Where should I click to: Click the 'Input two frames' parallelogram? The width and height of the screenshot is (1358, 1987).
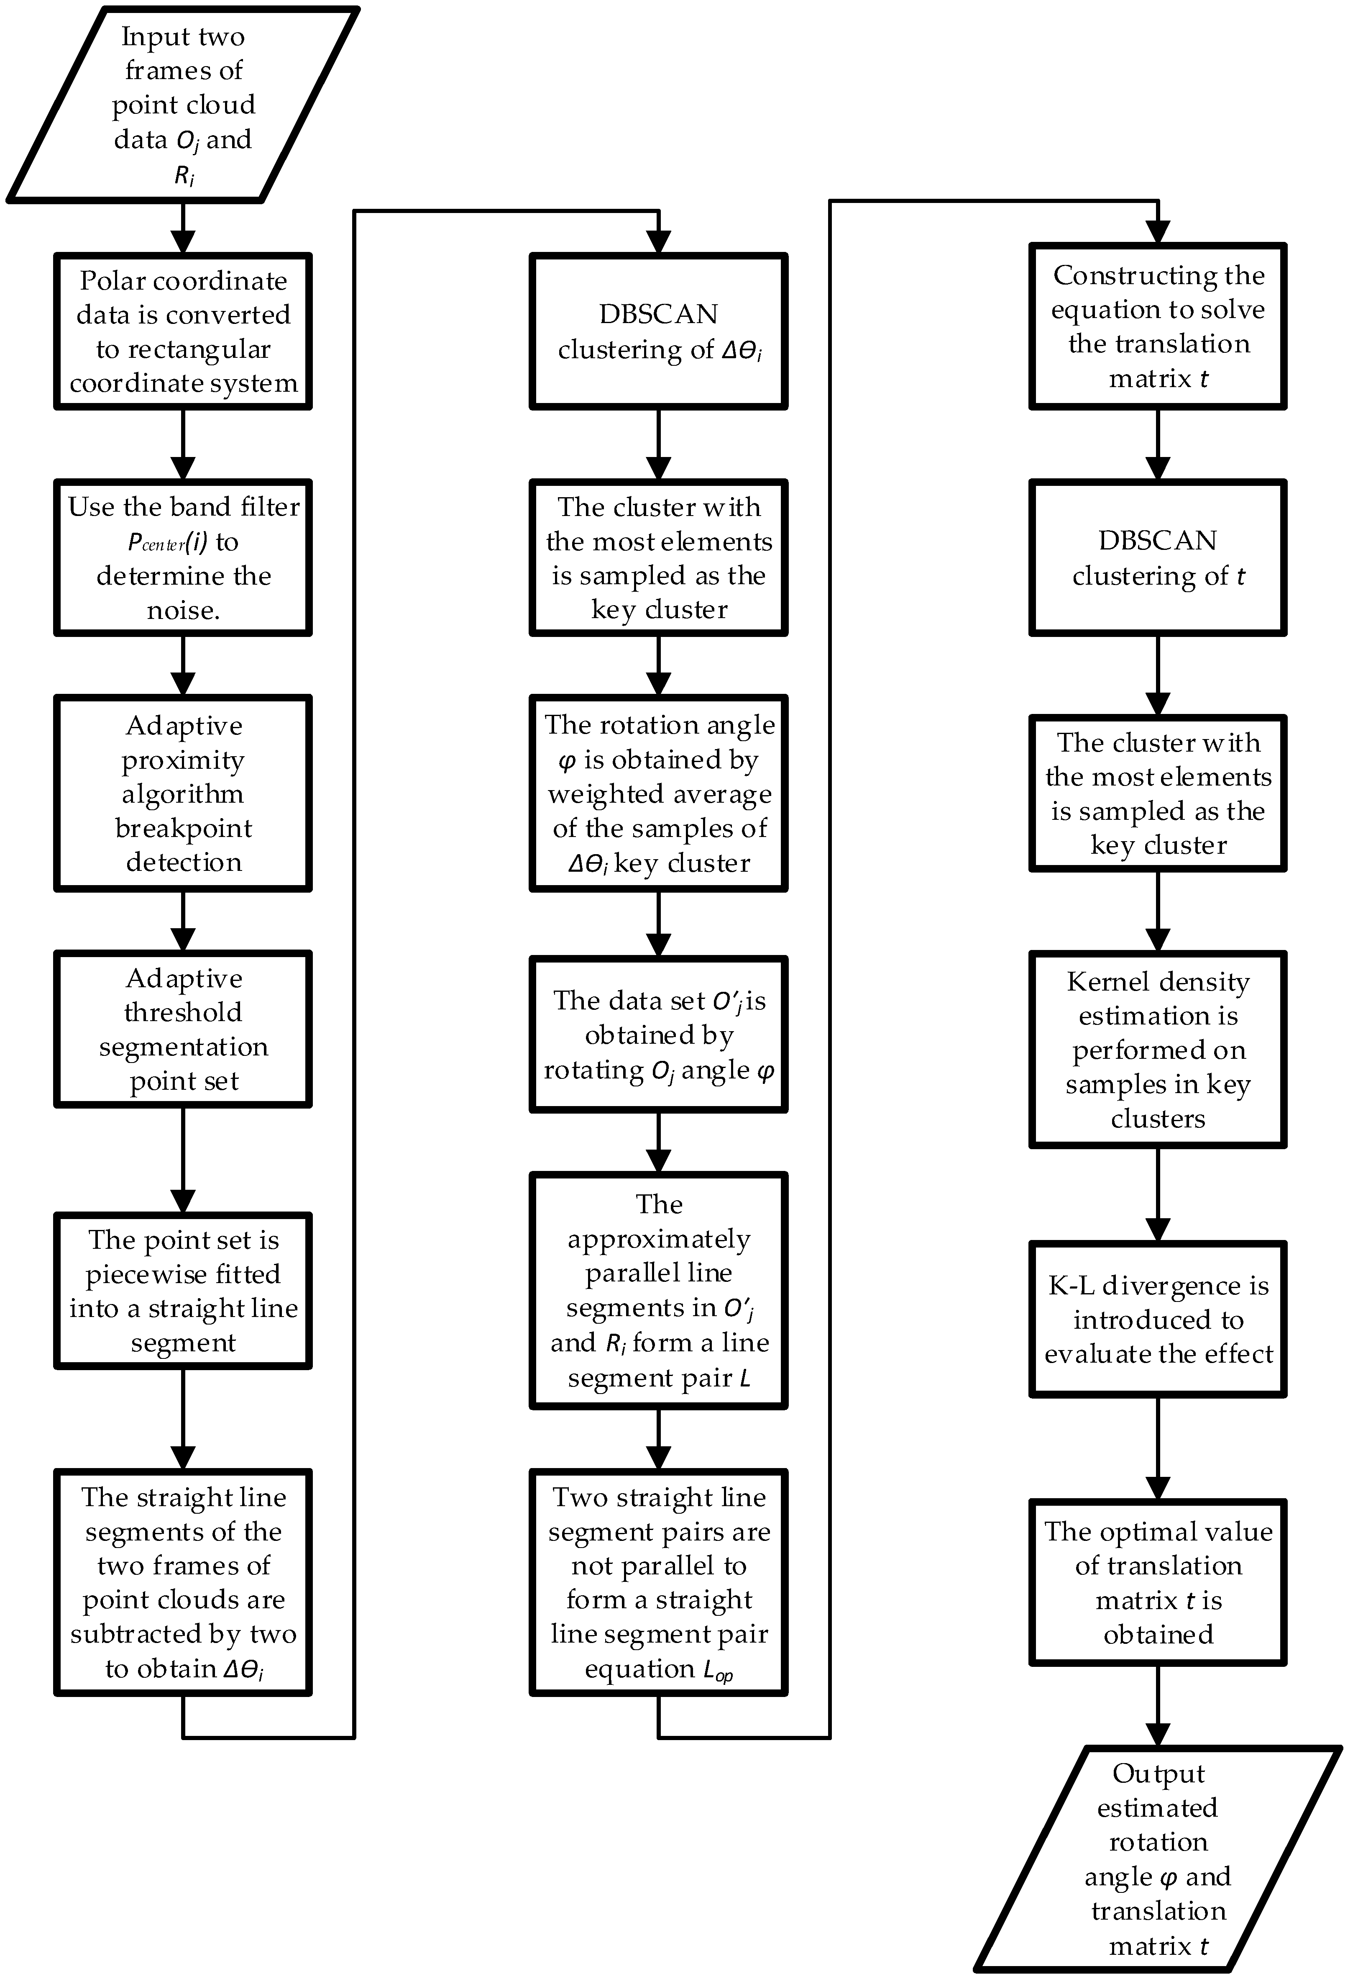(x=183, y=104)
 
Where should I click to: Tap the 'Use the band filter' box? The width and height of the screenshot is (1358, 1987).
(x=183, y=557)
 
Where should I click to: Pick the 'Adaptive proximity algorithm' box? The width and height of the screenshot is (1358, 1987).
(x=183, y=793)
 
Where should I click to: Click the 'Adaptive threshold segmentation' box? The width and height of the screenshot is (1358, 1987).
(x=183, y=1029)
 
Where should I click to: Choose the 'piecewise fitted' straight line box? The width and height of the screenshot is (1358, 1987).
(x=183, y=1290)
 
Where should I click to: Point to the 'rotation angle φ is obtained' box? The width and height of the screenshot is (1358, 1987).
(x=658, y=793)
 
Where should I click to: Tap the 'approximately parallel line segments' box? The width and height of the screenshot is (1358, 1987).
(x=658, y=1290)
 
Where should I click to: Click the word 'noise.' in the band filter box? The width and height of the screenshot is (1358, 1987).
(x=183, y=611)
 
